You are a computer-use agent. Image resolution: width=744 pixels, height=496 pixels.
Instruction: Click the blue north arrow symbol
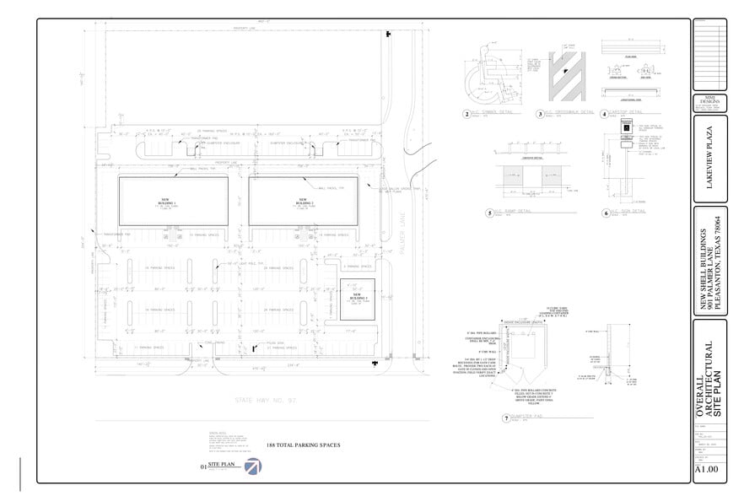tap(253, 466)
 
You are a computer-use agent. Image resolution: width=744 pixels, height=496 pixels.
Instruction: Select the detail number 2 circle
tap(466, 113)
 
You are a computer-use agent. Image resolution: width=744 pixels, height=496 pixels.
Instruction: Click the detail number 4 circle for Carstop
tap(603, 113)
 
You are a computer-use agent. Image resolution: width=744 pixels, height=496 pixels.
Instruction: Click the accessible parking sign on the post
tap(626, 124)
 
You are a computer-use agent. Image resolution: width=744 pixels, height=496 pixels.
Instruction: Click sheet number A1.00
tap(705, 469)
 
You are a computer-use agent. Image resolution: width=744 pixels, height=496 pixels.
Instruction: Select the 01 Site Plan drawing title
tap(217, 465)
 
